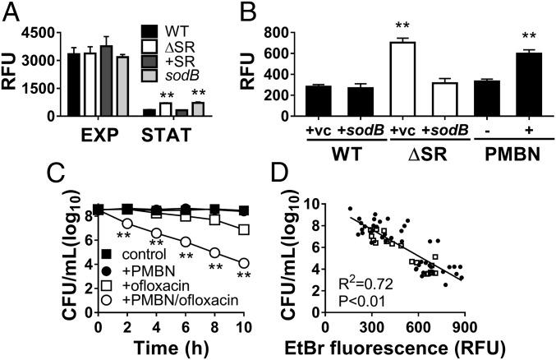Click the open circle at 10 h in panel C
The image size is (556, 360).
point(244,263)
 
